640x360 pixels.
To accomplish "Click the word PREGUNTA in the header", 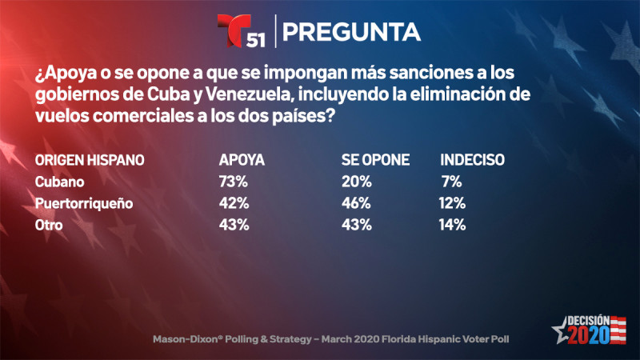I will (x=352, y=32).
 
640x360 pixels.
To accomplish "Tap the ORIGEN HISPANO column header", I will (x=90, y=160).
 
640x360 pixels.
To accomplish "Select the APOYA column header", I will (x=242, y=160).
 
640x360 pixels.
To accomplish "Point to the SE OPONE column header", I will (x=375, y=160).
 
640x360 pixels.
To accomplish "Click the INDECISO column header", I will (x=472, y=160).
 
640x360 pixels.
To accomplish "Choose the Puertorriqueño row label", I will (x=82, y=203).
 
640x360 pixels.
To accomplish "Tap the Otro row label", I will (x=49, y=225).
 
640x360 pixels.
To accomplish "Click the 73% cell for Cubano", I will (x=233, y=182).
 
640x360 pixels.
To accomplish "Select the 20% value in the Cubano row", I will (x=356, y=182).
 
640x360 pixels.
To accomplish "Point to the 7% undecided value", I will (x=452, y=182).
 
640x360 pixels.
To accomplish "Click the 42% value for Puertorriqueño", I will (x=233, y=203).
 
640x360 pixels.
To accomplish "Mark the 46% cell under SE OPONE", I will (x=356, y=203).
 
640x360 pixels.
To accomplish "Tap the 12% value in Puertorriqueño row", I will (x=452, y=203).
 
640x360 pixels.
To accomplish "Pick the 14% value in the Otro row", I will (x=452, y=225).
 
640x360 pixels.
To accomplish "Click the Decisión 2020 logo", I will (x=589, y=328).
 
